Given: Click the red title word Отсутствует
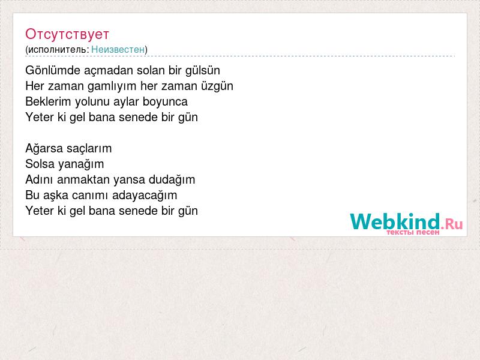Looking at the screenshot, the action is [67, 34].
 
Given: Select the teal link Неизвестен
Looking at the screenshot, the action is [118, 49].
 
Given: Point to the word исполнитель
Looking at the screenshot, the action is [58, 50].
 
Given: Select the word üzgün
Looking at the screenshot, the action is [217, 86].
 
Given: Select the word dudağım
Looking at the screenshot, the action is [172, 179].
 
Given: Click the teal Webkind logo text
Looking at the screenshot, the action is [395, 221].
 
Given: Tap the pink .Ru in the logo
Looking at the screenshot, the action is [452, 224].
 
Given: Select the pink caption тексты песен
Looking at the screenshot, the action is [413, 232].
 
